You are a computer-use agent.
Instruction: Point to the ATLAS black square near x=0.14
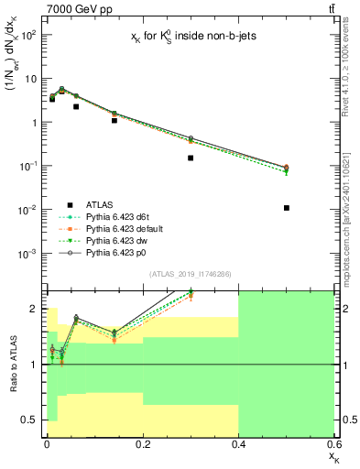tap(114, 120)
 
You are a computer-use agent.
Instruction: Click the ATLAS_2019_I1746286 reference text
tap(191, 274)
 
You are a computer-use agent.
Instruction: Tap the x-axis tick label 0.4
tap(238, 443)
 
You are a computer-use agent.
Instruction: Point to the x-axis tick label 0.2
tap(142, 443)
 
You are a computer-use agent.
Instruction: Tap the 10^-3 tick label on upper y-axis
tap(27, 253)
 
